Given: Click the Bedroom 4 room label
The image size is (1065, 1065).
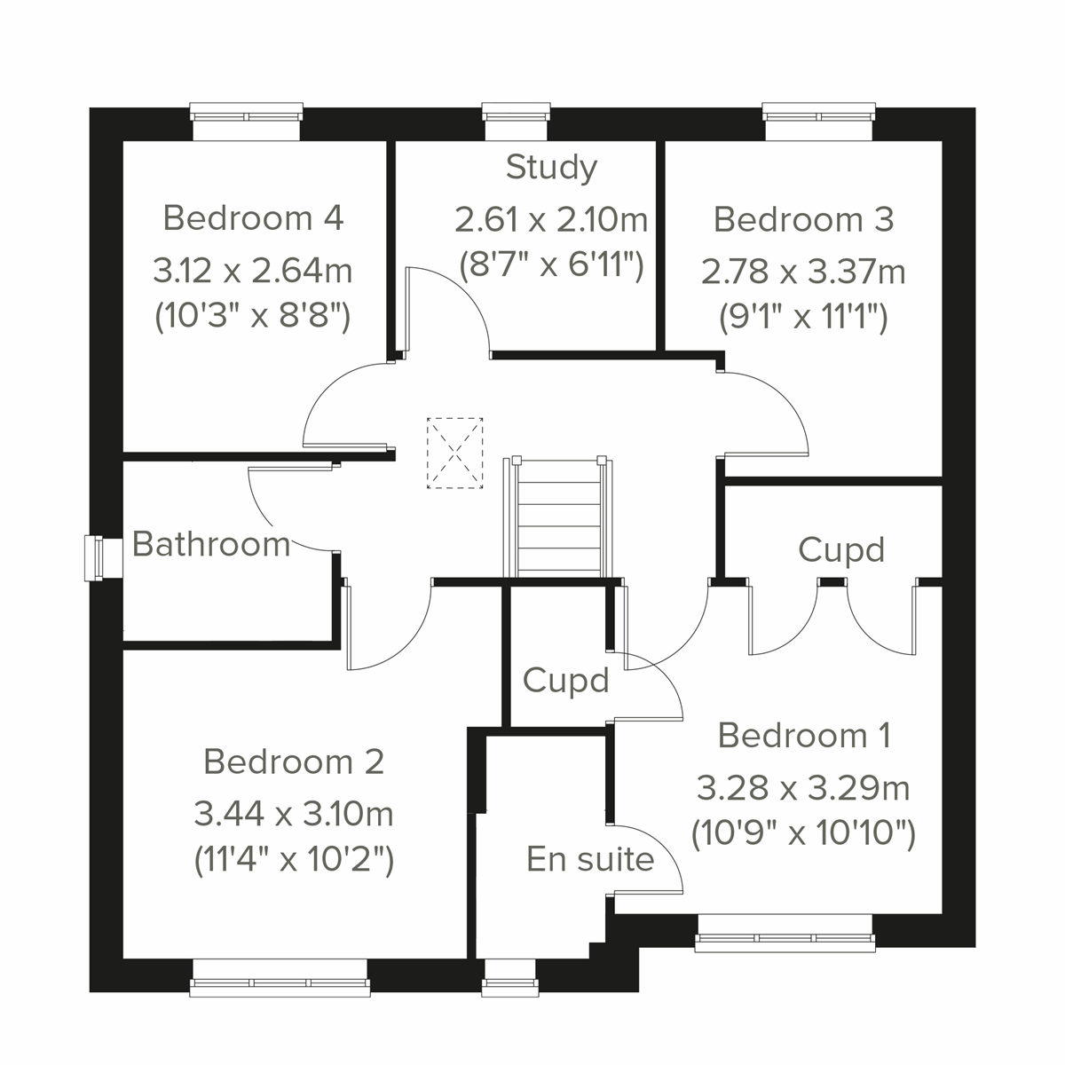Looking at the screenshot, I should [253, 217].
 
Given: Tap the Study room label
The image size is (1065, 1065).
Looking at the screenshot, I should [551, 167].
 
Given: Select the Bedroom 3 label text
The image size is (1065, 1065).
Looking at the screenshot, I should [803, 219].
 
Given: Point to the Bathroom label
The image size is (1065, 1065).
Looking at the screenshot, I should [211, 544].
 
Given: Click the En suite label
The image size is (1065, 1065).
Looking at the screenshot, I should [590, 859].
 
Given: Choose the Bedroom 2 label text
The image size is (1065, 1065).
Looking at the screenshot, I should [294, 761].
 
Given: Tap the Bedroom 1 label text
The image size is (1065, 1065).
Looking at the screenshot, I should [804, 736].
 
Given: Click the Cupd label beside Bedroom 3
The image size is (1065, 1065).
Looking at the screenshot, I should [840, 550].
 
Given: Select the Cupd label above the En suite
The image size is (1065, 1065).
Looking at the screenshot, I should [565, 681].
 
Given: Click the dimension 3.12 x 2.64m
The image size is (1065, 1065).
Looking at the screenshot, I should [253, 270].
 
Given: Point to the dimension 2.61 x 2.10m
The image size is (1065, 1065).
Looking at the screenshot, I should [551, 219].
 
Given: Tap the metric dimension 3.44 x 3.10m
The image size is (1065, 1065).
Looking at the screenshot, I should [294, 812].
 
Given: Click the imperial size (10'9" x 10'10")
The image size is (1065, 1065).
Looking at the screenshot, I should [803, 833].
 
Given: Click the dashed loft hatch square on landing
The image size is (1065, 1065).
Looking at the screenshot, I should [454, 453].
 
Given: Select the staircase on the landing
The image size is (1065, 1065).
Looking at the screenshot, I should [557, 517].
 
